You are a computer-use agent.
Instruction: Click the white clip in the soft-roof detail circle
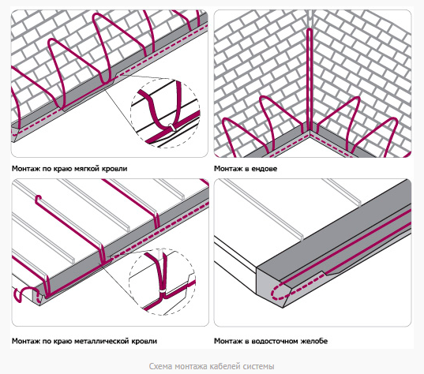(171, 127)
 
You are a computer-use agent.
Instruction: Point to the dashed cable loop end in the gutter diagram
(276, 292)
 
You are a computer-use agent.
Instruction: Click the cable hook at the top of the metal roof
(39, 199)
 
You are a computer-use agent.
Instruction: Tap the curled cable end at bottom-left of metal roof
(21, 294)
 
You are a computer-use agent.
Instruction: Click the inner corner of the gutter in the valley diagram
(309, 133)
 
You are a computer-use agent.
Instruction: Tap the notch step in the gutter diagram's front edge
(324, 272)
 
